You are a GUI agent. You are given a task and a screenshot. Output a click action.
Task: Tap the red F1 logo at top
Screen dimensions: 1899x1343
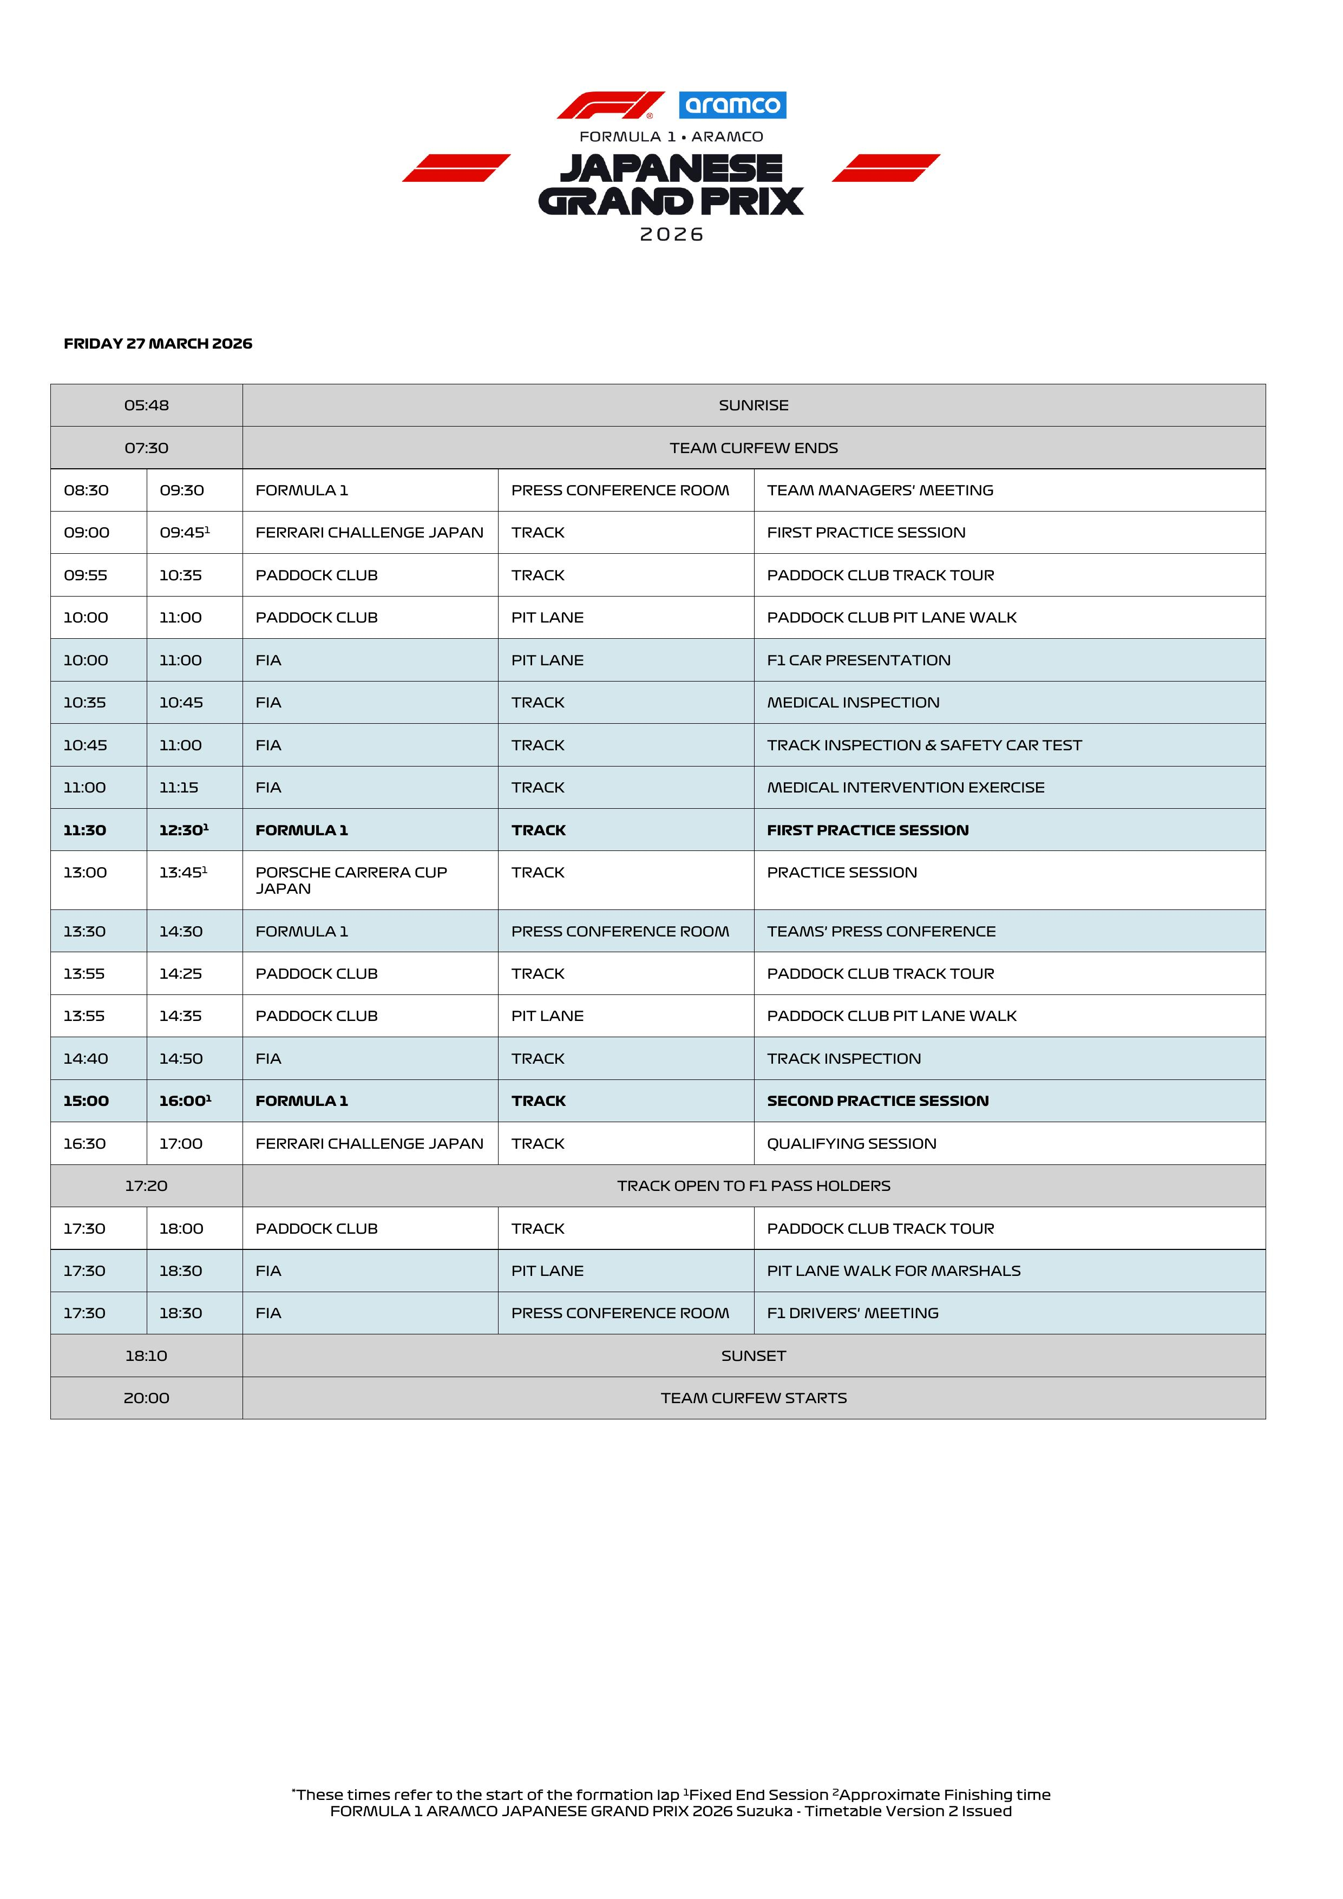(610, 105)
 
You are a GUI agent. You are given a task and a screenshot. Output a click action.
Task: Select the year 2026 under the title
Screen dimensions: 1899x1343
(671, 235)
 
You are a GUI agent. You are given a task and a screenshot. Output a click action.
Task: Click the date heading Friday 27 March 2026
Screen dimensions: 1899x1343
(158, 343)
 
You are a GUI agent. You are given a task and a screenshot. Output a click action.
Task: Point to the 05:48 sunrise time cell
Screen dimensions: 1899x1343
(146, 405)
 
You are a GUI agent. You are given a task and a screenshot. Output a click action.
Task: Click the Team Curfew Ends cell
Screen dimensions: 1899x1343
(754, 448)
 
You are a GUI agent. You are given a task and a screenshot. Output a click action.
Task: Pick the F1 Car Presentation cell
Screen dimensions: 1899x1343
(859, 660)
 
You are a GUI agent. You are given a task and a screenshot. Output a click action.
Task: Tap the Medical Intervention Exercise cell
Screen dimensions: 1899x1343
(906, 788)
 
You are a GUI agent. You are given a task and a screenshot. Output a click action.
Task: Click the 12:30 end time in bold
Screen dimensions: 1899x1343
(184, 830)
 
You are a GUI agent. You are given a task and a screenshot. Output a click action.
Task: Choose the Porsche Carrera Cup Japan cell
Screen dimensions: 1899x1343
(351, 880)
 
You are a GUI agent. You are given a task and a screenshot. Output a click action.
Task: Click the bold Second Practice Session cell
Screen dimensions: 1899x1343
(877, 1101)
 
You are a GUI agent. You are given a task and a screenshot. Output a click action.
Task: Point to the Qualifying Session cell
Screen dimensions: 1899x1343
(852, 1144)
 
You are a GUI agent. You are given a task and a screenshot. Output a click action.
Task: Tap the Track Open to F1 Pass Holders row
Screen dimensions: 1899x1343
(754, 1186)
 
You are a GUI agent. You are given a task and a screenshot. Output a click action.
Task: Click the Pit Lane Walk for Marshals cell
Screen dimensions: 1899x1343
(893, 1271)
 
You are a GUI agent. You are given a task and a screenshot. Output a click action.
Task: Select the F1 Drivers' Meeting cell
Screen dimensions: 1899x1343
(853, 1313)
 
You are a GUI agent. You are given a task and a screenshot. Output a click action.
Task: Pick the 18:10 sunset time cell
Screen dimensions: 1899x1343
(146, 1356)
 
